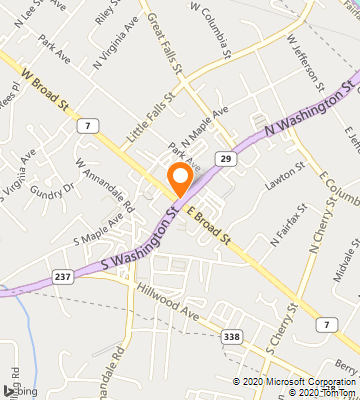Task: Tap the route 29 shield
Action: click(227, 159)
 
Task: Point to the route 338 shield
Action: click(232, 336)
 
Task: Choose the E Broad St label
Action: click(211, 225)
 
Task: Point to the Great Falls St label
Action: click(162, 43)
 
